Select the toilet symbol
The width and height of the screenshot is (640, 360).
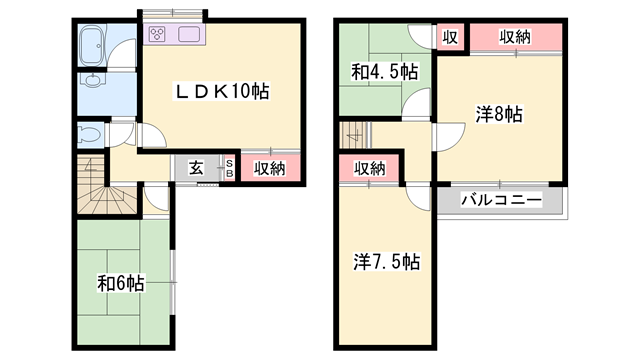[88, 133]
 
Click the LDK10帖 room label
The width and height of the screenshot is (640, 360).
[223, 91]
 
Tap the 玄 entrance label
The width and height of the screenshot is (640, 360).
[197, 168]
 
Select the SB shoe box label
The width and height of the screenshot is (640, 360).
[229, 168]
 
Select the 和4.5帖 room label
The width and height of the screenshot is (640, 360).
[384, 73]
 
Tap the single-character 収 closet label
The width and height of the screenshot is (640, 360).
[450, 37]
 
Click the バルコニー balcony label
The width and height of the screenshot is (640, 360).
[500, 200]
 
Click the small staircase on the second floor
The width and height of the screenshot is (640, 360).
[355, 133]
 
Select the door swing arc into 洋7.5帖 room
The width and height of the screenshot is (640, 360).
[418, 196]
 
